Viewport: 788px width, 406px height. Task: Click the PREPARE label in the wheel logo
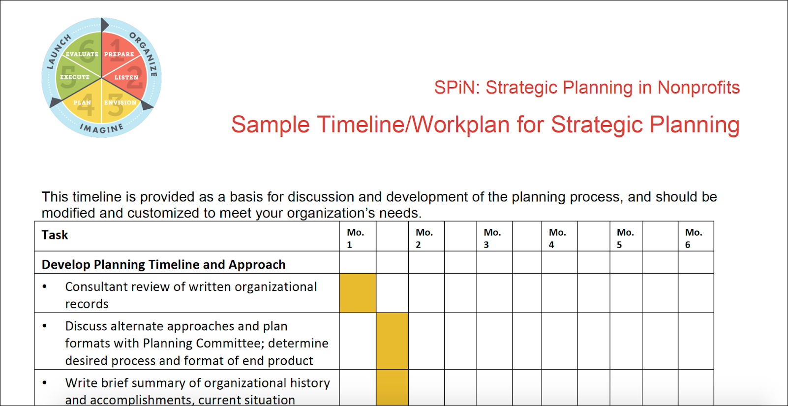coord(119,54)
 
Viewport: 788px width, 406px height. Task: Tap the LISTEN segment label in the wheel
coord(126,77)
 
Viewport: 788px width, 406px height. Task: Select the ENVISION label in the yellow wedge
coord(120,102)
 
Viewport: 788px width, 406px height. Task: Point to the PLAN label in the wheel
coord(82,102)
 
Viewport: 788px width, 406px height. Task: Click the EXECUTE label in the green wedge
coord(75,77)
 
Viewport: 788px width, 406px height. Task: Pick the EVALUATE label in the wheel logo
coord(82,54)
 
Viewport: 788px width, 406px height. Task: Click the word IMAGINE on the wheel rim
coord(102,128)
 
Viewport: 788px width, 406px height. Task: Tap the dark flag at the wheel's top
coord(104,25)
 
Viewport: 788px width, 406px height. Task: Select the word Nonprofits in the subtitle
coord(698,88)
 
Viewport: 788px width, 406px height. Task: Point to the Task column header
coord(55,235)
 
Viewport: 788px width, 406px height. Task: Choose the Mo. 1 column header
coord(355,238)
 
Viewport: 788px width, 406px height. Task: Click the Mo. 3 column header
coord(492,238)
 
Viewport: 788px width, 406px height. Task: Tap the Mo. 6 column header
coord(694,238)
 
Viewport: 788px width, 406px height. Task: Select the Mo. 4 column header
coord(558,238)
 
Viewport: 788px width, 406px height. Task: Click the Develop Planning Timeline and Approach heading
coord(164,265)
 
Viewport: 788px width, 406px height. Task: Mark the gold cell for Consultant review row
coord(358,293)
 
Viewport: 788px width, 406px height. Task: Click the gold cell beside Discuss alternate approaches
coord(392,341)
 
